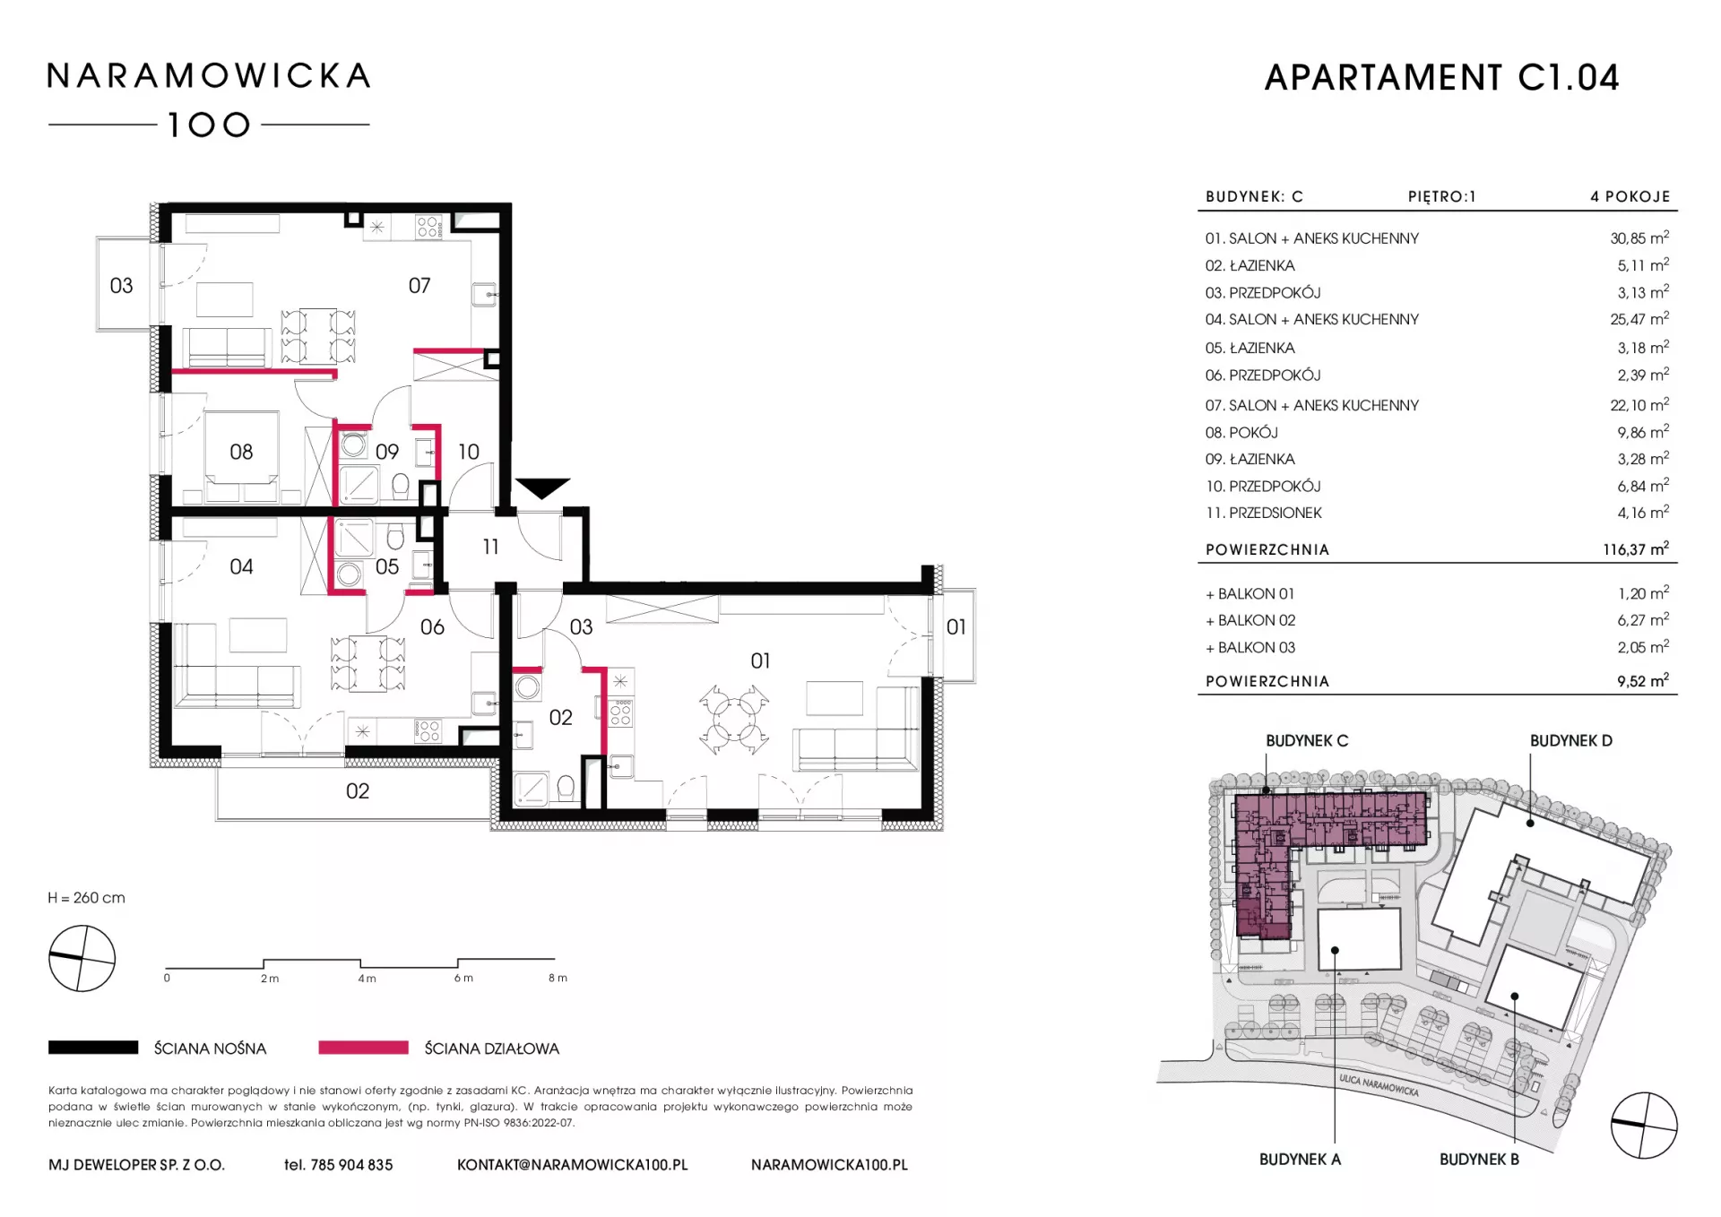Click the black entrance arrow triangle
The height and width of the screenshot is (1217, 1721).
click(x=542, y=488)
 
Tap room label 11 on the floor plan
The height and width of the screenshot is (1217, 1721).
click(x=490, y=546)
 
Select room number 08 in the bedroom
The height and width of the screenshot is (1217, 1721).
click(x=241, y=452)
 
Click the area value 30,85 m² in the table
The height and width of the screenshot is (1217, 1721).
click(x=1639, y=238)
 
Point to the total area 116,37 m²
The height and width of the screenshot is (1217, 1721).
click(x=1636, y=549)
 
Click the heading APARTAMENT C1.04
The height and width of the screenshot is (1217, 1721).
click(x=1441, y=78)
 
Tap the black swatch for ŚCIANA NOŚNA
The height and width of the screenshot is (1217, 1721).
click(x=93, y=1047)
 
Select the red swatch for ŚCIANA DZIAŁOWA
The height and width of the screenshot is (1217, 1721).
click(x=363, y=1047)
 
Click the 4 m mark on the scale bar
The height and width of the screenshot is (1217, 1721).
click(x=367, y=979)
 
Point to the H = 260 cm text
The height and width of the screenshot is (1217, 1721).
click(x=87, y=898)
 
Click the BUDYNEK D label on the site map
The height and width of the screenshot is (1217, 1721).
click(x=1570, y=740)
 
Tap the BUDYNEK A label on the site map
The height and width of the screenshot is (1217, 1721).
click(x=1300, y=1159)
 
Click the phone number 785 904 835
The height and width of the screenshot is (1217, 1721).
click(x=351, y=1165)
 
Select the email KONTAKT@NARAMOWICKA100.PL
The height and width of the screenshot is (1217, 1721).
click(x=572, y=1165)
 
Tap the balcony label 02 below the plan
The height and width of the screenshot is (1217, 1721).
click(x=357, y=790)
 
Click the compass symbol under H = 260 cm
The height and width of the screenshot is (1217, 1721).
click(x=82, y=959)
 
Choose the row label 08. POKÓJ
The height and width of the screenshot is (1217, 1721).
click(x=1241, y=432)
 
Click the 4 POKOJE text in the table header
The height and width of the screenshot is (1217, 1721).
click(x=1630, y=196)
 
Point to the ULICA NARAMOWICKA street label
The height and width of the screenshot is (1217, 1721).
click(x=1379, y=1085)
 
